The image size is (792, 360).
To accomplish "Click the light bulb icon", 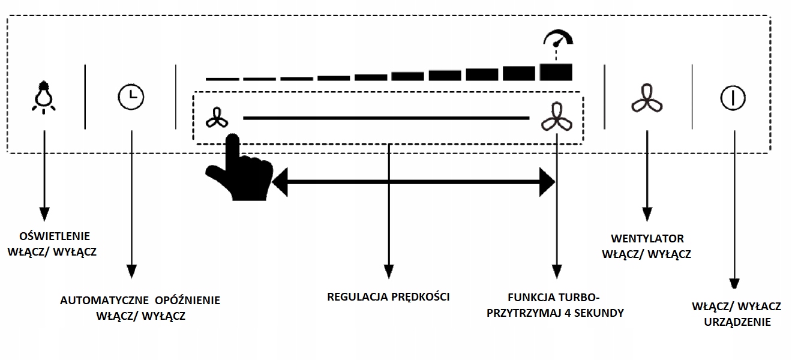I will click(44, 96).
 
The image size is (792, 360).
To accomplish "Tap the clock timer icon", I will click(131, 97).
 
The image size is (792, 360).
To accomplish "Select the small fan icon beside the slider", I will click(216, 118).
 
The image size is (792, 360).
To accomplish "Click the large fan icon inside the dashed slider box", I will click(556, 117).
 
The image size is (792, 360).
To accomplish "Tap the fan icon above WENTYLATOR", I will click(647, 97).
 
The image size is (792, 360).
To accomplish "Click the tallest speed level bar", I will click(556, 71).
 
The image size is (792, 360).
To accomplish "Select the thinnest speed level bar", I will click(222, 79).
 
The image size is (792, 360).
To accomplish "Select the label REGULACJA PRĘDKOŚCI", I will click(388, 296).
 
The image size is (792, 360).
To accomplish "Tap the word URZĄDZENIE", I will click(736, 322).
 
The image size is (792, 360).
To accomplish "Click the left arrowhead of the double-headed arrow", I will click(280, 181).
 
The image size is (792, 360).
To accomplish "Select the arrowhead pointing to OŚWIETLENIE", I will click(44, 215).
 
